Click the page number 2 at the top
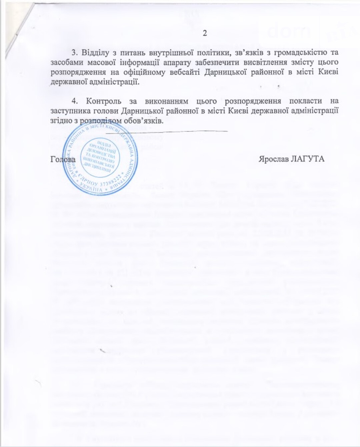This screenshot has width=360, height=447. pyautogui.click(x=205, y=33)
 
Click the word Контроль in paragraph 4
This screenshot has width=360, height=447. pyautogui.click(x=101, y=101)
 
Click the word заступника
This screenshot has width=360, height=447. pyautogui.click(x=68, y=111)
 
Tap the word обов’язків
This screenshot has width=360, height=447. pyautogui.click(x=147, y=120)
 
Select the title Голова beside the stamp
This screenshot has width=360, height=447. pyautogui.click(x=63, y=159)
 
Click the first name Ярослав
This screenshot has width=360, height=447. pyautogui.click(x=274, y=159)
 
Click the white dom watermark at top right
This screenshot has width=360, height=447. pyautogui.click(x=289, y=32)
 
